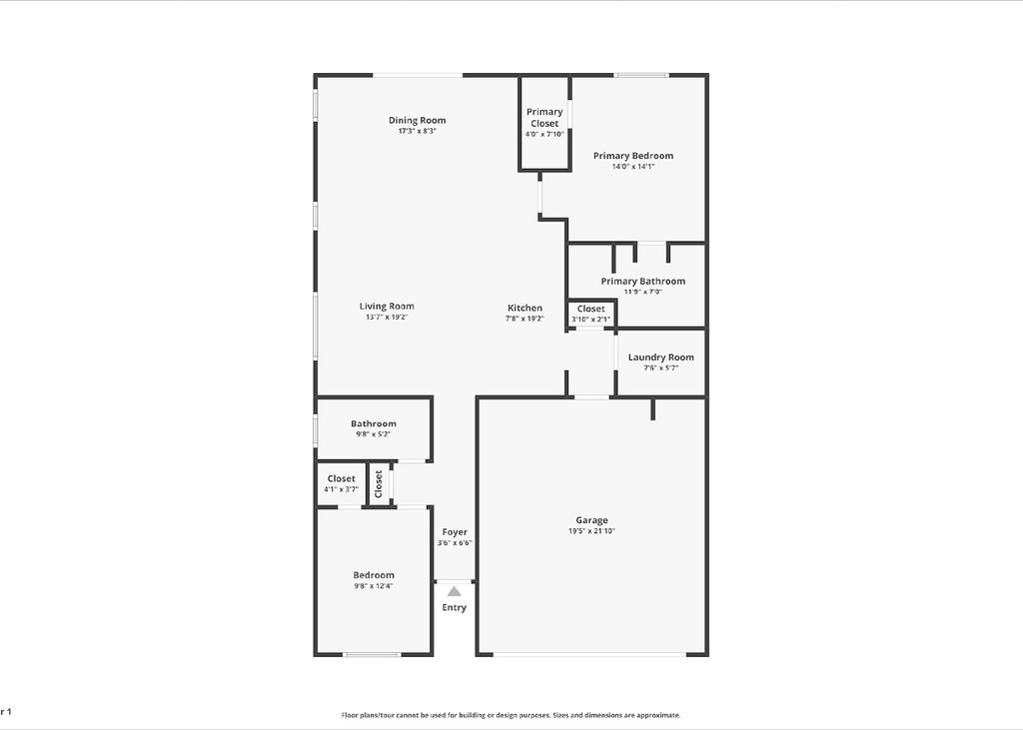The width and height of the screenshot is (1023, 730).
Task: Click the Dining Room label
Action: coord(417,121)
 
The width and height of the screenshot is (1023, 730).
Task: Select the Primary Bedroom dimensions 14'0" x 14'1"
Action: coord(632,167)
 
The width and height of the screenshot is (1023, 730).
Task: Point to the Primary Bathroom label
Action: coord(642,282)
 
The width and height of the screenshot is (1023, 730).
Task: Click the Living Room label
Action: coord(387,307)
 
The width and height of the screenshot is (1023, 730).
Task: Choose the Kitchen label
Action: coord(524,309)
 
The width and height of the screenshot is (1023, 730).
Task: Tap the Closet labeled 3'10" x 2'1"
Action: coord(590,310)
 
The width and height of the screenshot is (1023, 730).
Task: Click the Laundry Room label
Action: coord(660,358)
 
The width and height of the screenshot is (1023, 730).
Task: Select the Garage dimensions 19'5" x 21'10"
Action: coord(591,531)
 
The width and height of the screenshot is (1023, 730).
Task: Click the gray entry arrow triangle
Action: coord(454,591)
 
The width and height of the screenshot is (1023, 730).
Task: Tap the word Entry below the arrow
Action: coord(454,607)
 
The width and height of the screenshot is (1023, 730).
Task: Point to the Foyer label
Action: coord(454,532)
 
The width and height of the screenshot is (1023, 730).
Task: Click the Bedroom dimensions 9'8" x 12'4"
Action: coord(373,586)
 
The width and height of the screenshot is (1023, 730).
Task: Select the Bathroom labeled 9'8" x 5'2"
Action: coord(373,424)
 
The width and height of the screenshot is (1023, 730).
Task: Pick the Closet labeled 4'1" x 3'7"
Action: coord(341,479)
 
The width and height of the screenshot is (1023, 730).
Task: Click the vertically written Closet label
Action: coord(379,484)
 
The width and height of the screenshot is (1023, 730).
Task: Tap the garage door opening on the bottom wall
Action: coord(589,654)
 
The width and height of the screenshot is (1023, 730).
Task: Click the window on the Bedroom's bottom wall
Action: coord(372,654)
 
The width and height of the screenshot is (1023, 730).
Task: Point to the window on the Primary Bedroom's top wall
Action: coord(640,75)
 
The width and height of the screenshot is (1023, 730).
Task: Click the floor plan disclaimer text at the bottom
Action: coord(511,715)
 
